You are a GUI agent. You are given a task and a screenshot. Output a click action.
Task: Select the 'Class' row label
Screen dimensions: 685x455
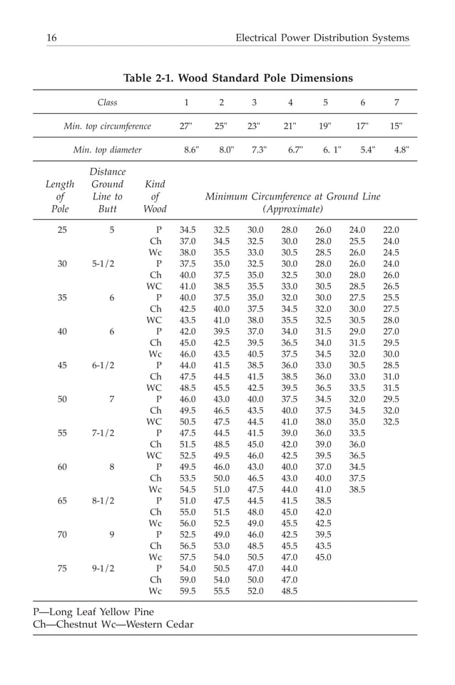tap(107, 103)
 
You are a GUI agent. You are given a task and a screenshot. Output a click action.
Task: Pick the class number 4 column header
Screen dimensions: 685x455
tap(290, 103)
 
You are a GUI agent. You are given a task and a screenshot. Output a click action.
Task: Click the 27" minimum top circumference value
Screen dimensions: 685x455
tap(186, 126)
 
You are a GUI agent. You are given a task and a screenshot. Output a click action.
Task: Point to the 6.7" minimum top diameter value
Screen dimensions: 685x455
tap(295, 150)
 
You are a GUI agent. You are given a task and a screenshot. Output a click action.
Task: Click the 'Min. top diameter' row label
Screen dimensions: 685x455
tap(107, 150)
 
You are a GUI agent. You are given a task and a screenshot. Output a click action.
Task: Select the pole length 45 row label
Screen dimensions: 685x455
tap(62, 365)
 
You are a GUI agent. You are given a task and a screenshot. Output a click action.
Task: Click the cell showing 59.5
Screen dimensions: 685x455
tap(188, 591)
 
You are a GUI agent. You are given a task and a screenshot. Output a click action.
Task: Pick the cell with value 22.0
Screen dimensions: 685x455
tap(391, 230)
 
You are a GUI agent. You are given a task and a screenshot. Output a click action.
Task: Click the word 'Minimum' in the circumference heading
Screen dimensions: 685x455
tap(228, 196)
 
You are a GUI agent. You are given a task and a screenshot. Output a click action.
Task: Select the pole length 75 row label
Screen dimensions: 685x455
tap(62, 568)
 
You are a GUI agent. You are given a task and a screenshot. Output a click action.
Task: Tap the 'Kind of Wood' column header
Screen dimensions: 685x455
tap(155, 197)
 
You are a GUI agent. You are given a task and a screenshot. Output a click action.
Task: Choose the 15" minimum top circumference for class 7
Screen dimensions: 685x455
tap(397, 126)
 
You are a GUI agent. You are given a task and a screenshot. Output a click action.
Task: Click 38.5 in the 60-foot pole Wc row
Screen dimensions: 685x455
tap(357, 490)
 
